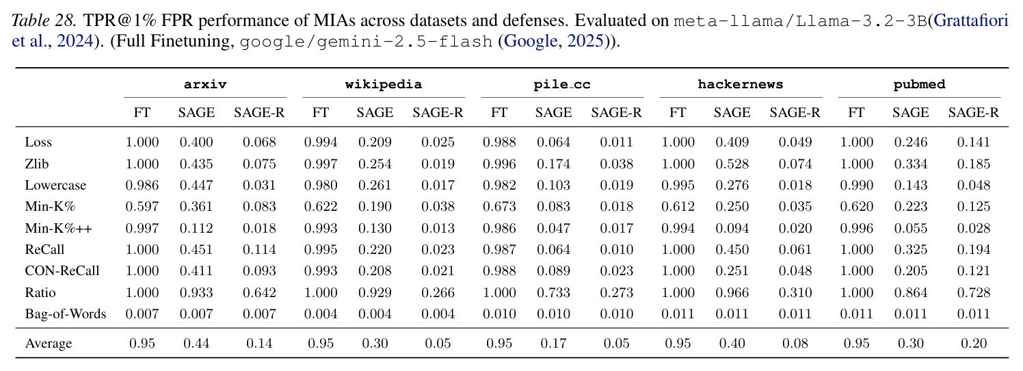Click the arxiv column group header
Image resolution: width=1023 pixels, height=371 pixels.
(x=205, y=84)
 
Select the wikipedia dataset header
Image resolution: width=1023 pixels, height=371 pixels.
(x=383, y=84)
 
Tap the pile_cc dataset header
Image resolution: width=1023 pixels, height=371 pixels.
(x=561, y=84)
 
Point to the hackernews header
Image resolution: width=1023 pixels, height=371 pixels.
(x=741, y=84)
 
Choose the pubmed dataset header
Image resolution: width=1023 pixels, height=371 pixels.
(x=919, y=84)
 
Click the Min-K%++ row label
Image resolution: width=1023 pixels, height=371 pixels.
(x=58, y=228)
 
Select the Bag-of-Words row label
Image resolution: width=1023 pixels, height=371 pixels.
(x=66, y=314)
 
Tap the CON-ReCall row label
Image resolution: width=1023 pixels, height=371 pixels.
(x=62, y=270)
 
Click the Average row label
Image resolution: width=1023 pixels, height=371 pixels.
(x=49, y=343)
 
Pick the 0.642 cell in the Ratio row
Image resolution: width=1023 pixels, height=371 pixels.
(x=259, y=292)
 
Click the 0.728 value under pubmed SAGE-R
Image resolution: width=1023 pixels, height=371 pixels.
(x=974, y=292)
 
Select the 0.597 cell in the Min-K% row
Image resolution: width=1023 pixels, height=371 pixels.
(x=142, y=207)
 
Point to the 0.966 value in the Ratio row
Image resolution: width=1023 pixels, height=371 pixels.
(x=732, y=292)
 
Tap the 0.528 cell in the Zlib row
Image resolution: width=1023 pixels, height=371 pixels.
(x=732, y=164)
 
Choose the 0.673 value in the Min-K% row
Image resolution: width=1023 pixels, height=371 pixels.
(x=499, y=207)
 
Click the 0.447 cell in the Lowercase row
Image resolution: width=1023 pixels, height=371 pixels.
(x=196, y=185)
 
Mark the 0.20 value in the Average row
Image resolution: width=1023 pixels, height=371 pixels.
(x=974, y=343)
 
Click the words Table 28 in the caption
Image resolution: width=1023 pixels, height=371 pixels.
(x=43, y=21)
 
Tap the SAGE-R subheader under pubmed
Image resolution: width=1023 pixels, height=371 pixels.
(x=974, y=112)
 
